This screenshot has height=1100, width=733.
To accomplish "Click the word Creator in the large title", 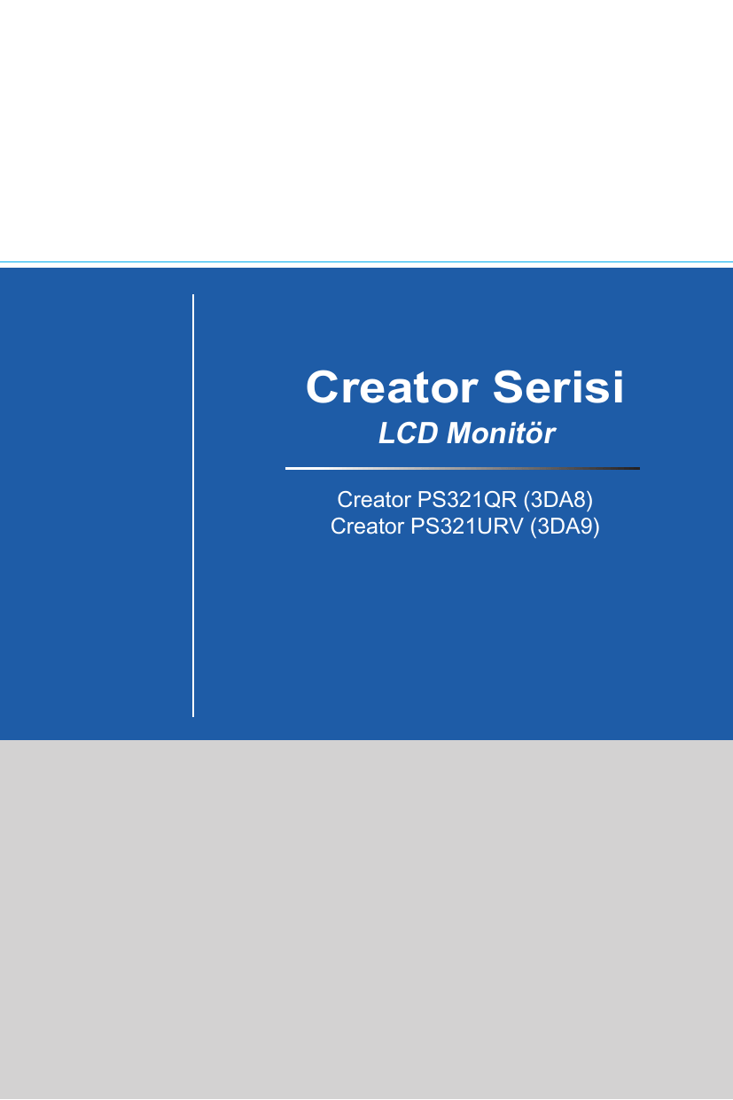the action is pyautogui.click(x=392, y=387).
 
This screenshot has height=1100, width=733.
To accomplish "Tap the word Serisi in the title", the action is pyautogui.click(x=558, y=387).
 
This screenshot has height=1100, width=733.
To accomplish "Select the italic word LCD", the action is pyautogui.click(x=408, y=433).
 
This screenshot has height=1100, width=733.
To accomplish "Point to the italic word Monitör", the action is pyautogui.click(x=501, y=433).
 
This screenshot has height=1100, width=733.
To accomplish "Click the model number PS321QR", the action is pyautogui.click(x=467, y=500).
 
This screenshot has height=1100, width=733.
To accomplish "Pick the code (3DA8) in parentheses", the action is pyautogui.click(x=558, y=500).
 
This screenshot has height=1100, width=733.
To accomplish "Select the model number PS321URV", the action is pyautogui.click(x=467, y=527).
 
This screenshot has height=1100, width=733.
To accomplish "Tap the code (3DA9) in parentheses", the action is pyautogui.click(x=565, y=527).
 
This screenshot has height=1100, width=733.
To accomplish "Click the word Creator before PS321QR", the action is pyautogui.click(x=374, y=500).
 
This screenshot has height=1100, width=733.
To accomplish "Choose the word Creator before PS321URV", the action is pyautogui.click(x=367, y=527).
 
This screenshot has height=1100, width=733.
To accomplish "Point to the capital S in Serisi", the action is pyautogui.click(x=509, y=387).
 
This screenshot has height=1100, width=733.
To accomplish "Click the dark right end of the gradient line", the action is pyautogui.click(x=638, y=469).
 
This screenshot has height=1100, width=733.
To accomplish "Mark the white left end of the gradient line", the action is pyautogui.click(x=287, y=469).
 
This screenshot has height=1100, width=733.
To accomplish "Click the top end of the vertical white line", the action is pyautogui.click(x=193, y=295).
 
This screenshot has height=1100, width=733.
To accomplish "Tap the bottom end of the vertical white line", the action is pyautogui.click(x=193, y=716).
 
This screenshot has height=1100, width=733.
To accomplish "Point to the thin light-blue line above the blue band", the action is pyautogui.click(x=366, y=262).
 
